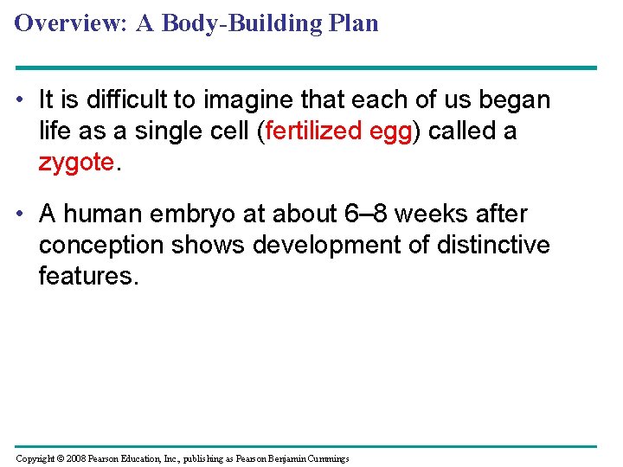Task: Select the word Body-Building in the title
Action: pyautogui.click(x=222, y=23)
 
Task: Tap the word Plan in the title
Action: pyautogui.click(x=354, y=23)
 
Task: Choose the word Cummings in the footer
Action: pyautogui.click(x=324, y=459)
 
